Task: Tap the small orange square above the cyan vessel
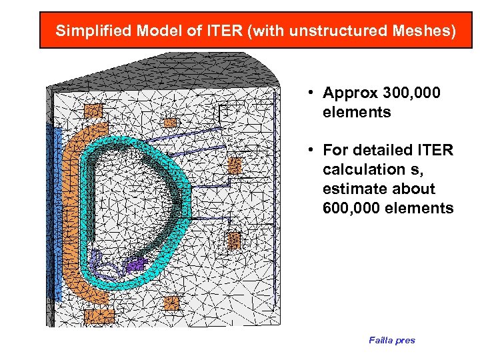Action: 171,123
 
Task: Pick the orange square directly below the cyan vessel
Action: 171,303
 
